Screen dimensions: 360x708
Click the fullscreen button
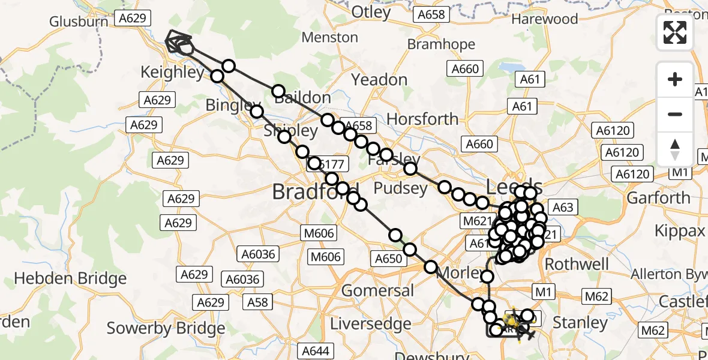[x=675, y=32]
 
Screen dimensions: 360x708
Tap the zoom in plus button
[x=675, y=80]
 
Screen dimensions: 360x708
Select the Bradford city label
[x=315, y=192]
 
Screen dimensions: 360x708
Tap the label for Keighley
[x=172, y=73]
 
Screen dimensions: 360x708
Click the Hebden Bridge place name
[x=70, y=278]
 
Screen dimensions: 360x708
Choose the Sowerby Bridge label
[x=166, y=328]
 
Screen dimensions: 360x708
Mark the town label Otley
[x=370, y=12]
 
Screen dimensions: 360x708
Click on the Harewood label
[x=545, y=19]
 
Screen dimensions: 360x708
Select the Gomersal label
[x=377, y=291]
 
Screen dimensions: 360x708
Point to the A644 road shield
[x=316, y=351]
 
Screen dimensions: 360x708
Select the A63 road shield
[x=562, y=208]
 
